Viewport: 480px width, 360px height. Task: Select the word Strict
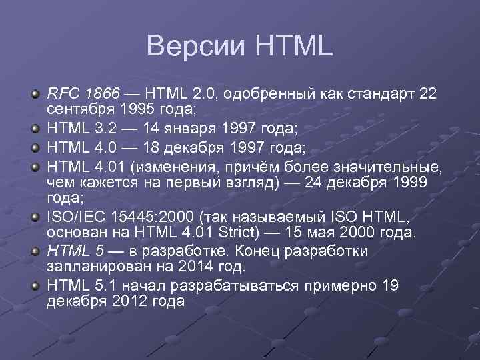coord(241,231)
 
